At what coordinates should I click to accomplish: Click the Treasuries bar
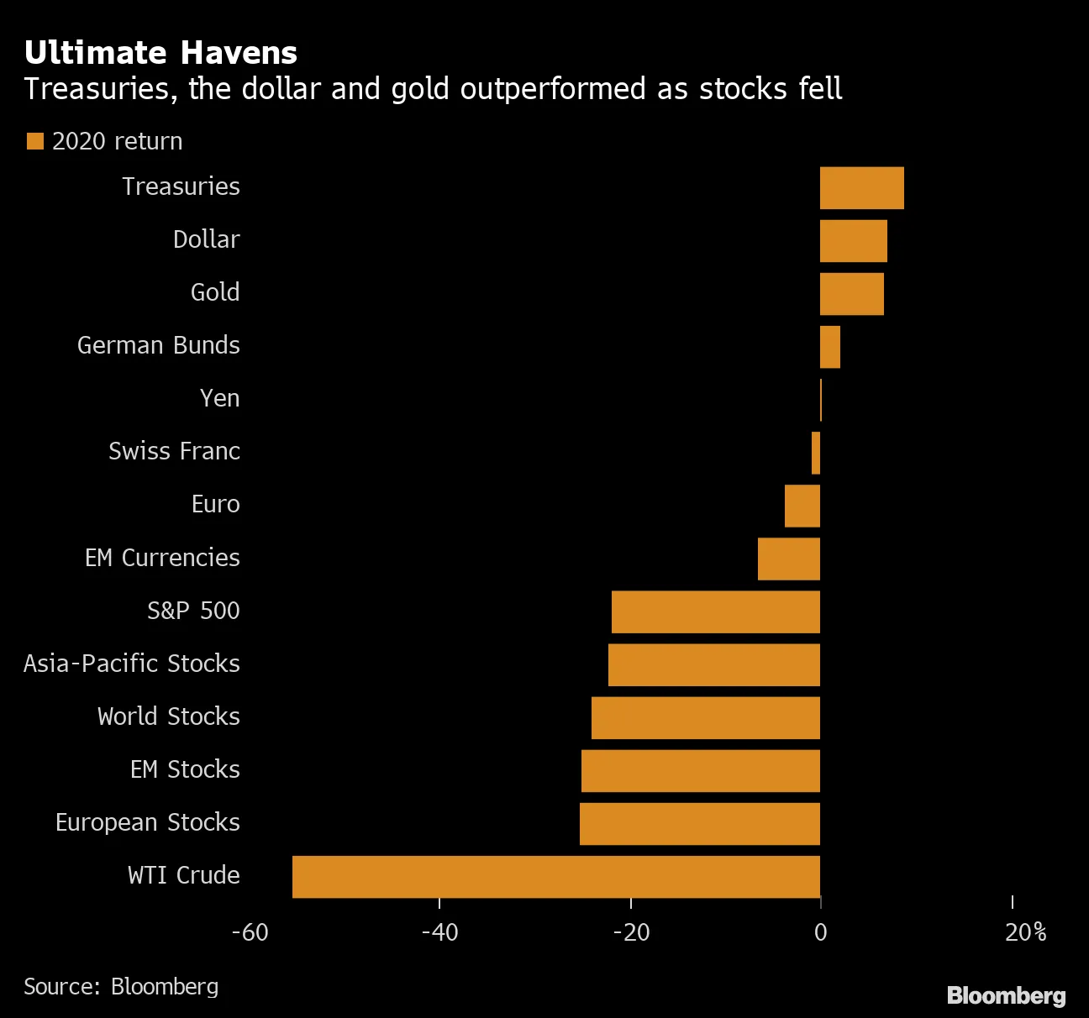[x=861, y=187]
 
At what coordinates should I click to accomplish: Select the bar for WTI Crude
[x=555, y=876]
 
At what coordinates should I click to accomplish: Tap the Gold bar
[x=851, y=293]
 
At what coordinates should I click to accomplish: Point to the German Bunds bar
[x=829, y=346]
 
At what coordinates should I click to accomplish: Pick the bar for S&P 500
[x=715, y=611]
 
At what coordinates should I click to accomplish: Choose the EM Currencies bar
[x=788, y=559]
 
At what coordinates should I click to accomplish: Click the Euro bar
[x=802, y=506]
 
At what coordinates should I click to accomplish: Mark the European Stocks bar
[x=699, y=823]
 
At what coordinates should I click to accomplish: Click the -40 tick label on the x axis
[x=439, y=932]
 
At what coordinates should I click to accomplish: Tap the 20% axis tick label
[x=1025, y=932]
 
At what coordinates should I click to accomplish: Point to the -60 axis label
[x=250, y=932]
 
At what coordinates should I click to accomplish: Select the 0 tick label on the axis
[x=820, y=932]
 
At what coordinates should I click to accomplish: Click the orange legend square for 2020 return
[x=34, y=141]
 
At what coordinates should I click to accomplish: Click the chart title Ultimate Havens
[x=160, y=53]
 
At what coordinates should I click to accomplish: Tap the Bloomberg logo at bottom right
[x=1006, y=995]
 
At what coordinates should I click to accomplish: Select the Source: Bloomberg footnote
[x=121, y=986]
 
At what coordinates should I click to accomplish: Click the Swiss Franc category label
[x=174, y=451]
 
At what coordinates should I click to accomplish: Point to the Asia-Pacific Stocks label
[x=132, y=664]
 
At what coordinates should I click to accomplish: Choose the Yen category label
[x=219, y=398]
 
